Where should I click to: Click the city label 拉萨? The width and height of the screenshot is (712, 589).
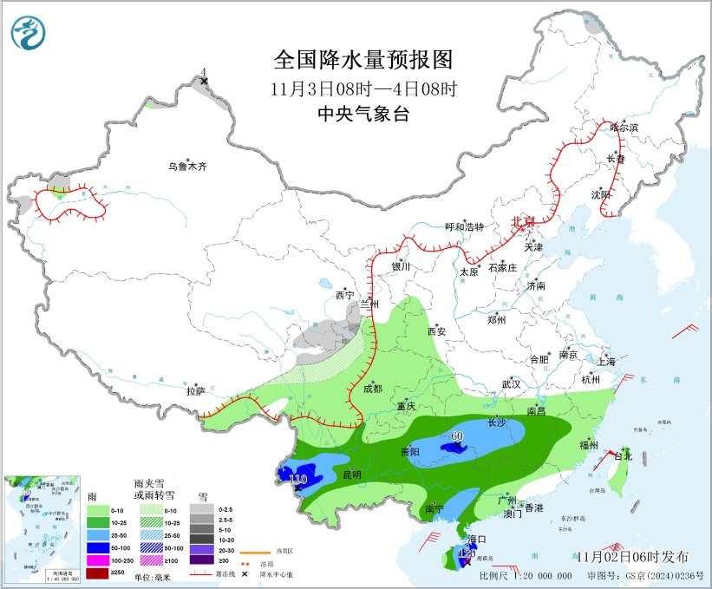(196, 391)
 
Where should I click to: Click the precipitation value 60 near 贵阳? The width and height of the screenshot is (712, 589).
(457, 436)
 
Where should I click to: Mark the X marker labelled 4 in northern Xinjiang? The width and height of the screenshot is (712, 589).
(204, 82)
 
